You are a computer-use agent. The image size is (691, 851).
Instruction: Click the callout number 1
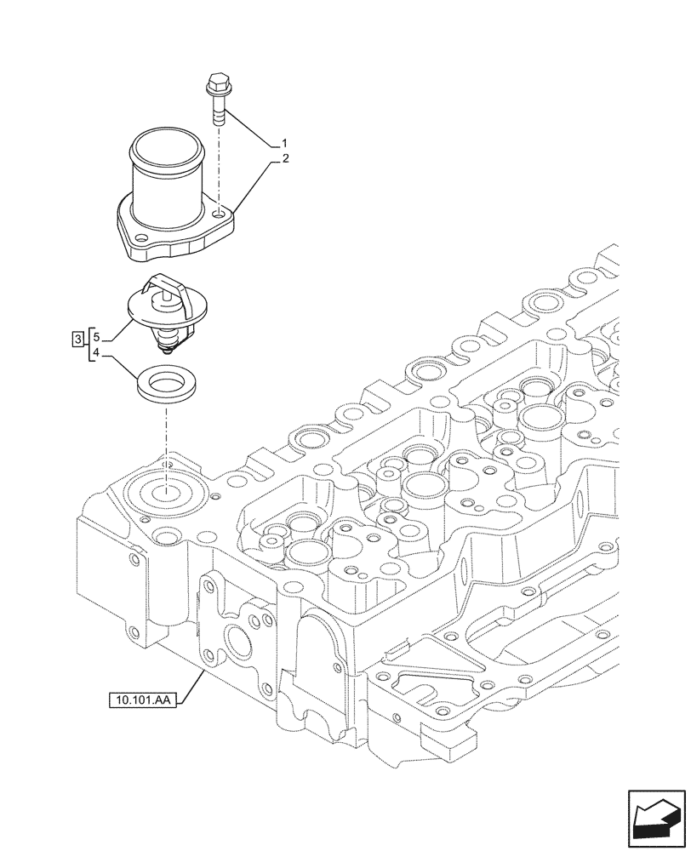(x=284, y=142)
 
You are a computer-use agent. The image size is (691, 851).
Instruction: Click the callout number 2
(x=284, y=157)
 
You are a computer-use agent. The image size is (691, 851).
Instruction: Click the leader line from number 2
(x=253, y=187)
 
